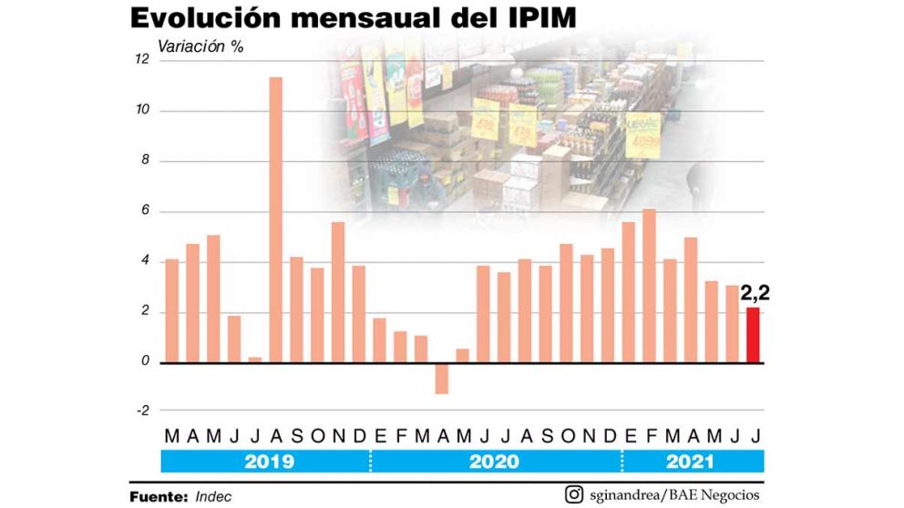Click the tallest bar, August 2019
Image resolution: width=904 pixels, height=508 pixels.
pos(275,219)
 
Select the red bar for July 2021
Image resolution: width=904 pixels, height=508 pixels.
pos(753,335)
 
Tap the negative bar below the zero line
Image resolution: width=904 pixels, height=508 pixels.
pos(442,378)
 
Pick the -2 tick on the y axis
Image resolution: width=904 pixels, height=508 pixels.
pos(141,410)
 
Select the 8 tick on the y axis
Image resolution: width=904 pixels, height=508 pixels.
pos(142,161)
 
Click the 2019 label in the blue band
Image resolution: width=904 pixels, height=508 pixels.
pos(269,462)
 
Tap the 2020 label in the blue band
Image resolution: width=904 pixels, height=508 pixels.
pos(494,462)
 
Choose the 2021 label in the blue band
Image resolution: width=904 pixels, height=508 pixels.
pos(689,462)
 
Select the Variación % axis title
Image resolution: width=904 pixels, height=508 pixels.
pos(200,46)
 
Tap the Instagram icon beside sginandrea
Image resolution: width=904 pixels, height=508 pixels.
pos(574,495)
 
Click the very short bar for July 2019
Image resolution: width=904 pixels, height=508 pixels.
pos(254,360)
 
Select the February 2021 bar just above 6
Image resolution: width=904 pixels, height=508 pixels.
pos(649,286)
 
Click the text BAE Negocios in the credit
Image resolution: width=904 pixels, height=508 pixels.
pos(719,495)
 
